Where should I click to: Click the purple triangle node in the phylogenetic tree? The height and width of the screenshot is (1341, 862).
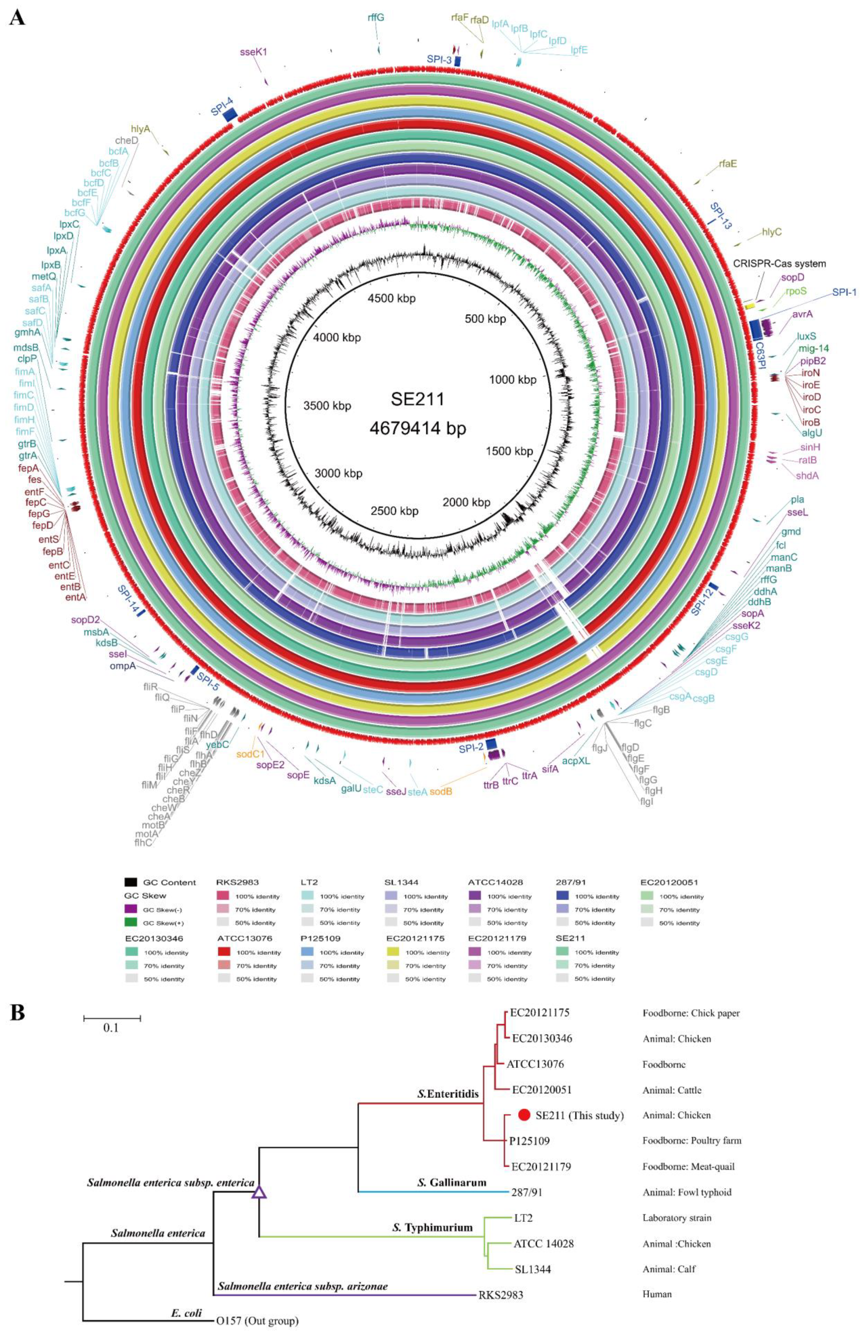coord(259,1191)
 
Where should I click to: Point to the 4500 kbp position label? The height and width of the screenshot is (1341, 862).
coord(391,299)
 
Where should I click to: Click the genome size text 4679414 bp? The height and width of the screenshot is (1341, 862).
coord(418,428)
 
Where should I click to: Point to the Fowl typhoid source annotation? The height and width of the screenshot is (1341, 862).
coord(687,1192)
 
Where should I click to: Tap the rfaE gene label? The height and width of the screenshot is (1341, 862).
coord(728,164)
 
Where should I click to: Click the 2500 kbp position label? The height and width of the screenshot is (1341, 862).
coord(395,511)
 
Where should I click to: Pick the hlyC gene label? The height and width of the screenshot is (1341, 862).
coord(771,232)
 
